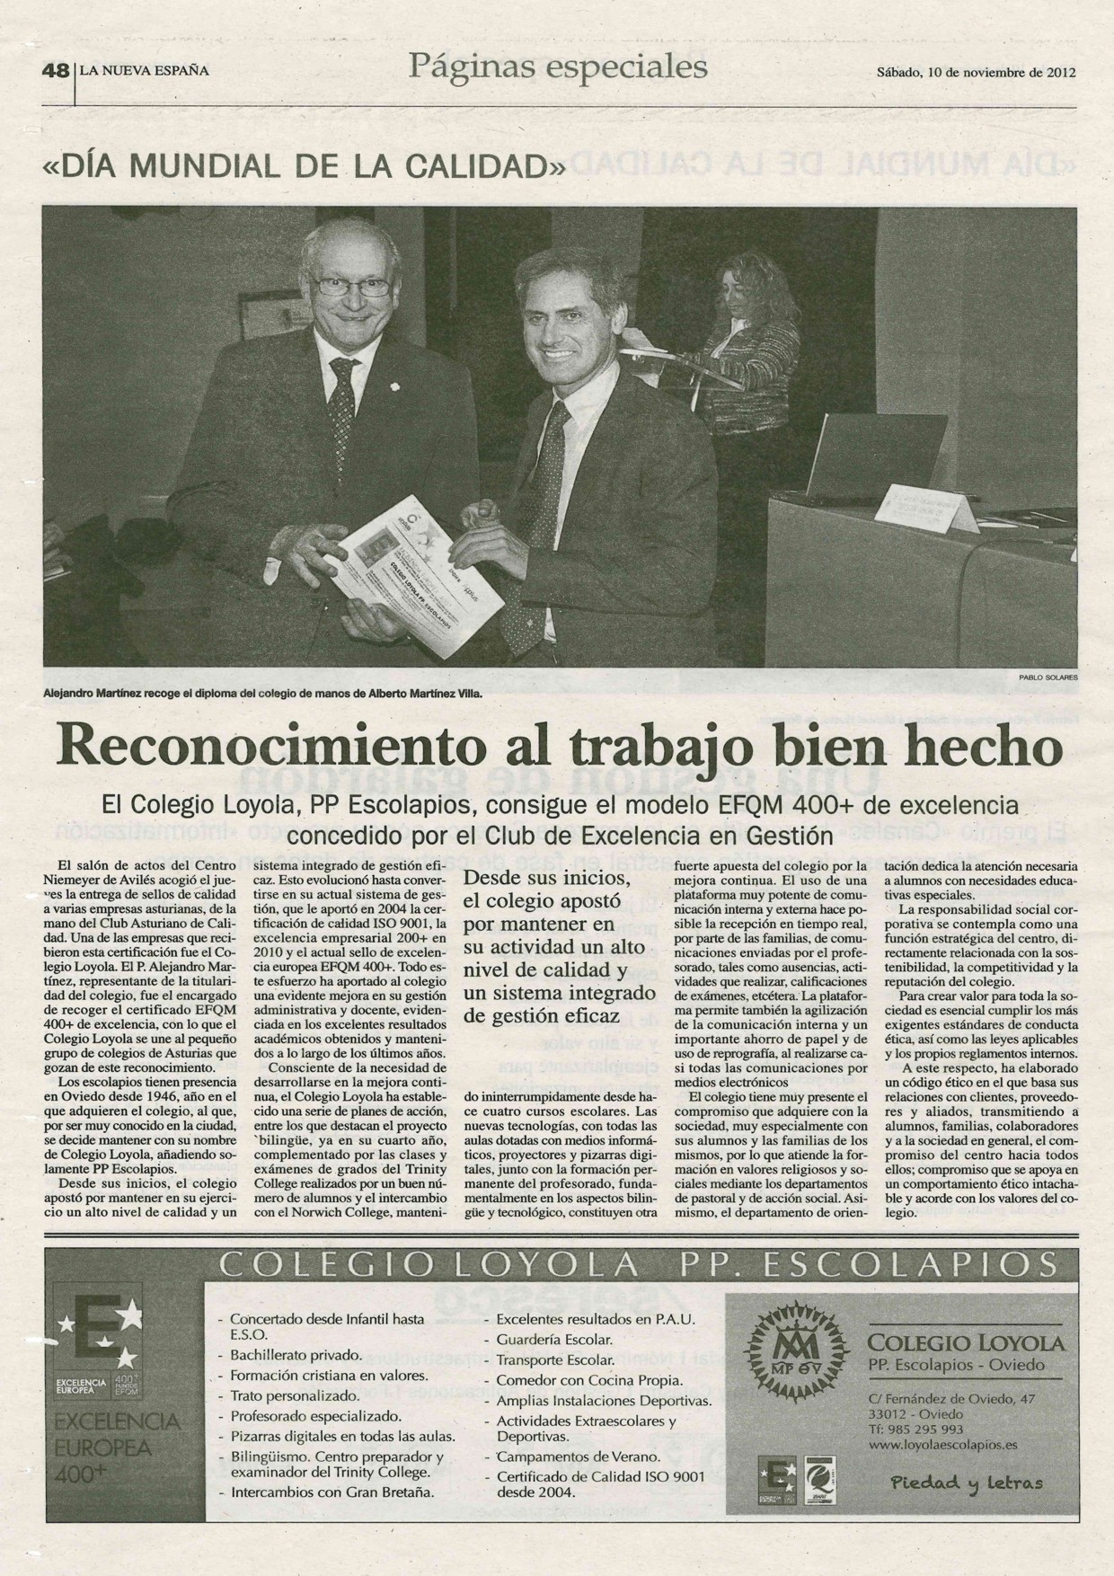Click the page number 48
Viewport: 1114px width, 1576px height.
55,72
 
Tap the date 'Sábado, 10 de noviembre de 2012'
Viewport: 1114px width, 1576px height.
976,73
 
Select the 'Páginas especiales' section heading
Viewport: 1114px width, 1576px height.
557,66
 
